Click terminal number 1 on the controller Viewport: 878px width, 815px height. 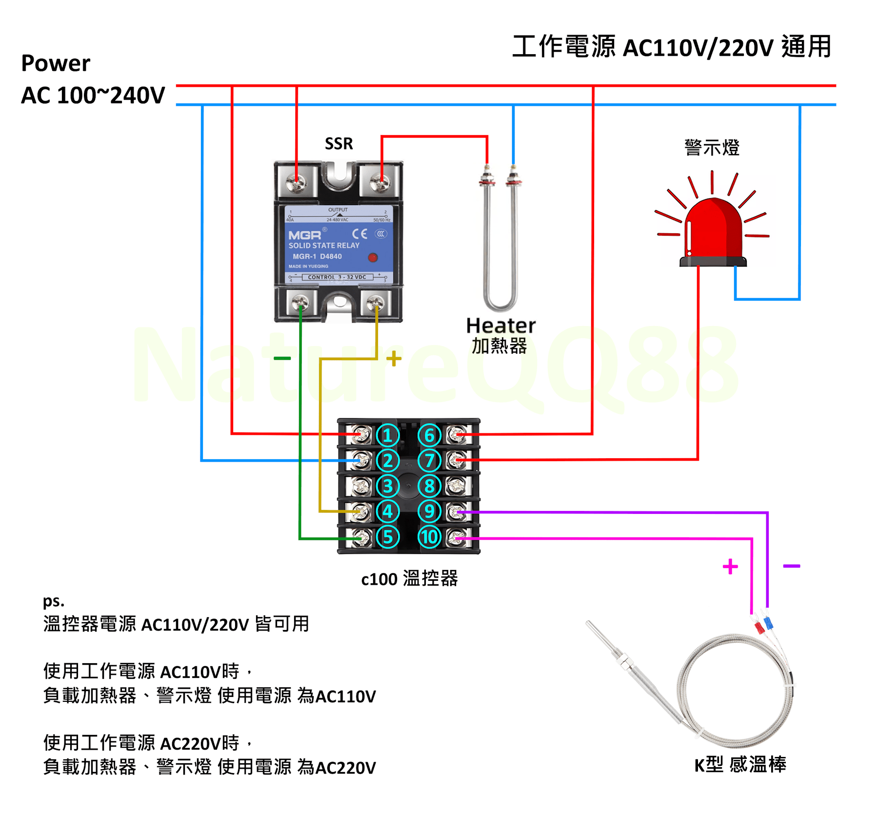click(388, 435)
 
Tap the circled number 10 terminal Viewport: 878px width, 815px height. click(429, 537)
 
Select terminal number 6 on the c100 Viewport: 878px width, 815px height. click(429, 435)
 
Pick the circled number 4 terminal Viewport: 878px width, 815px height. click(388, 511)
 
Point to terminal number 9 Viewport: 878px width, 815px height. click(429, 511)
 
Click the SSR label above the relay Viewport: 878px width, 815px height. click(339, 143)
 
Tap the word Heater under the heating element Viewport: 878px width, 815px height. click(500, 326)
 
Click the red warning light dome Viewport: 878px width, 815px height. click(713, 229)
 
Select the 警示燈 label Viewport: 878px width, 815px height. click(712, 147)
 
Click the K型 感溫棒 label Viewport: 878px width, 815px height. click(740, 764)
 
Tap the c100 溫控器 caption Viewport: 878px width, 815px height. click(409, 579)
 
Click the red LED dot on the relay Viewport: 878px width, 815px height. click(373, 257)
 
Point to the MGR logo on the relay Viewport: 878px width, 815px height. click(305, 235)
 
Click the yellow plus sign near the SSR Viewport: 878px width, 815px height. click(394, 359)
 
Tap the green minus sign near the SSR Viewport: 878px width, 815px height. click(282, 359)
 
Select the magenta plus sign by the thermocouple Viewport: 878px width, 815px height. click(730, 567)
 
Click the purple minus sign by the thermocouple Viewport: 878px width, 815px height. click(791, 566)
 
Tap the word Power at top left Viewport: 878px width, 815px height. click(56, 63)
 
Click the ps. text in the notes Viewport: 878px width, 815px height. click(54, 601)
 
